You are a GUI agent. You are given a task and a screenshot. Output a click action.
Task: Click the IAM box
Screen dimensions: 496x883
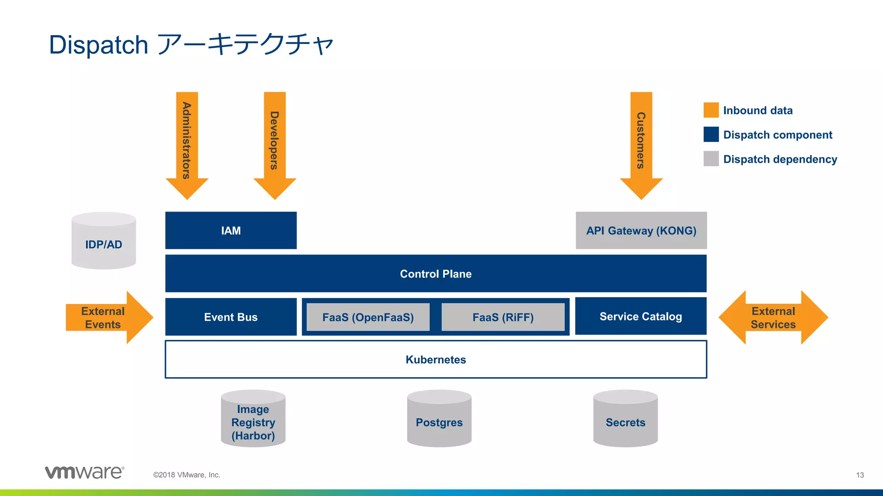click(x=231, y=230)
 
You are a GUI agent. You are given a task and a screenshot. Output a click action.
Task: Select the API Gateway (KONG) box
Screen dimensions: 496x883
click(x=641, y=230)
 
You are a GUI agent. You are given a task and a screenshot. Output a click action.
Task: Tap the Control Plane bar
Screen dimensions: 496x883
click(x=435, y=273)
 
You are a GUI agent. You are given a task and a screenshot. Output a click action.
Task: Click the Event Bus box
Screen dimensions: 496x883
click(x=231, y=317)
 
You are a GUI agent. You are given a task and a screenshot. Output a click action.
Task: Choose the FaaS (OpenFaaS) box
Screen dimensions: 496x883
click(x=368, y=317)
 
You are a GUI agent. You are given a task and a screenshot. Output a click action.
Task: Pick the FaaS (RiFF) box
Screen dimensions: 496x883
click(x=503, y=317)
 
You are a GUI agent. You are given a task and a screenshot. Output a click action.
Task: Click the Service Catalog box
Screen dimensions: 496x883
click(x=641, y=316)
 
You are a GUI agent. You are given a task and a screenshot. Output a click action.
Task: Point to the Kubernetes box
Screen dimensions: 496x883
click(x=435, y=360)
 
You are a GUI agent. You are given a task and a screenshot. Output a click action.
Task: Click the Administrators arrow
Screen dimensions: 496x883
click(x=187, y=142)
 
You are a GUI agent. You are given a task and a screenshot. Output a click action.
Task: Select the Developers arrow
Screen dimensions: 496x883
click(x=275, y=142)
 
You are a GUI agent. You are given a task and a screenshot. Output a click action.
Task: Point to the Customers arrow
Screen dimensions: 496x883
click(x=641, y=142)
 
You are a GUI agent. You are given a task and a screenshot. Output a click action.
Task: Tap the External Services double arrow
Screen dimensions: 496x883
click(x=773, y=317)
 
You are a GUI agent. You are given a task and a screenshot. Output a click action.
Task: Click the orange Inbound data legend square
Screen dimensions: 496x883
click(x=711, y=110)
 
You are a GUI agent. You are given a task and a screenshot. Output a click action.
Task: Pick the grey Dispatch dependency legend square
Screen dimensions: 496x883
click(x=711, y=159)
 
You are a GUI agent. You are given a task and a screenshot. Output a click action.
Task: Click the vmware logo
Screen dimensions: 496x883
click(x=85, y=472)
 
